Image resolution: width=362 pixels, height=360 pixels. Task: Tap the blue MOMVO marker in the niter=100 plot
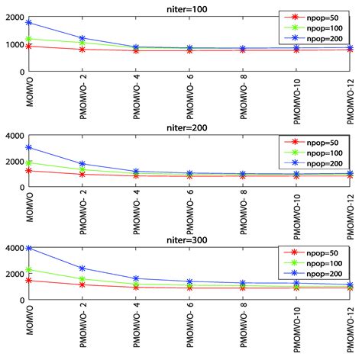(x=29, y=23)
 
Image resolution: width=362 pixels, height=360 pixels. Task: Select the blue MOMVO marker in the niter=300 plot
(x=29, y=249)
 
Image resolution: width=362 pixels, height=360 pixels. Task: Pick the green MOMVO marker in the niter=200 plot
(x=29, y=162)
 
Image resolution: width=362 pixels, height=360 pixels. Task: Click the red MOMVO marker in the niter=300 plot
(x=29, y=281)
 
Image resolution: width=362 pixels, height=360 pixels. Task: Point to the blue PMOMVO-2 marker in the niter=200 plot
(x=82, y=164)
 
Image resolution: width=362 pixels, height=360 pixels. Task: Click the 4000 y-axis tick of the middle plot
(x=13, y=136)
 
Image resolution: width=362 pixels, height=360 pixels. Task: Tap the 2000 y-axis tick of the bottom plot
(x=13, y=274)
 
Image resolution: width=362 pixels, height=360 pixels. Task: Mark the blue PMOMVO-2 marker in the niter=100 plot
(x=82, y=38)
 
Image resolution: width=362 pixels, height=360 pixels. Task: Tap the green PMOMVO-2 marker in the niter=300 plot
(x=82, y=279)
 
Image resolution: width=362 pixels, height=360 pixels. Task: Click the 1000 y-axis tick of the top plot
(x=13, y=45)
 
